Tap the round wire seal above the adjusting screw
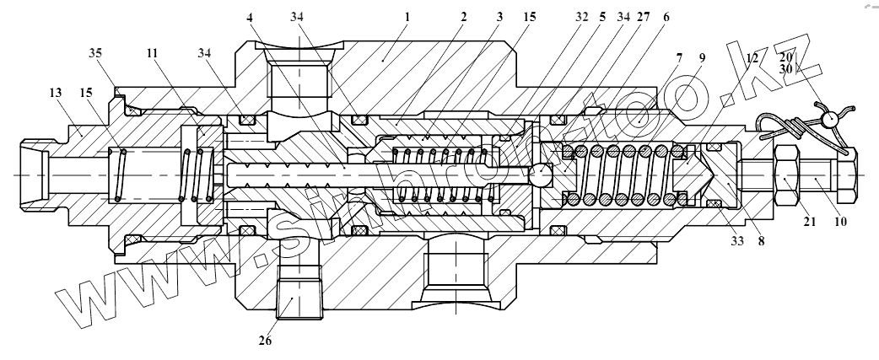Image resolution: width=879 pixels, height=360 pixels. pos(833,119)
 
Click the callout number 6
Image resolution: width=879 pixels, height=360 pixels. pos(666,16)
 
